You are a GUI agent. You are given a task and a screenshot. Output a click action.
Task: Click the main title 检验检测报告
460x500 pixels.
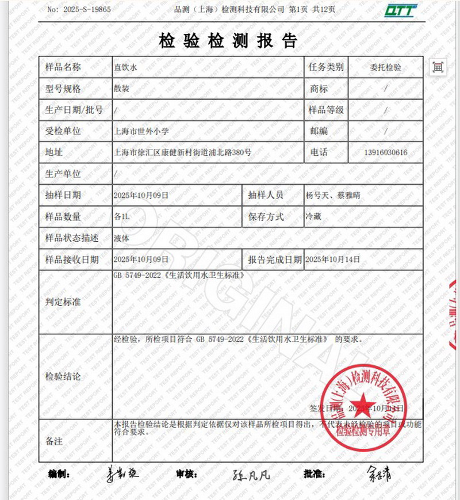228,40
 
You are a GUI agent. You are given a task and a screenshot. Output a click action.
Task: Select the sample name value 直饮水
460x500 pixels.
126,67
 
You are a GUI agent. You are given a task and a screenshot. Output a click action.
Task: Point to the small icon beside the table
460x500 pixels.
438,67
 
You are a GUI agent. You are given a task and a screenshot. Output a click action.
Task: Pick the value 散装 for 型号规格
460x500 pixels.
122,89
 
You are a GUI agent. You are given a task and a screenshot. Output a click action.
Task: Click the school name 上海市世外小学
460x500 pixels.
142,131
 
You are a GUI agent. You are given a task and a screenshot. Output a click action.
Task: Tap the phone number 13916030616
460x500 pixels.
385,152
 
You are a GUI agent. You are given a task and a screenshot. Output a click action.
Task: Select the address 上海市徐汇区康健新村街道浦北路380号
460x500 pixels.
183,152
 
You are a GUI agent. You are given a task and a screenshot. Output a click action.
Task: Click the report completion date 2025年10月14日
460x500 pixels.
332,259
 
